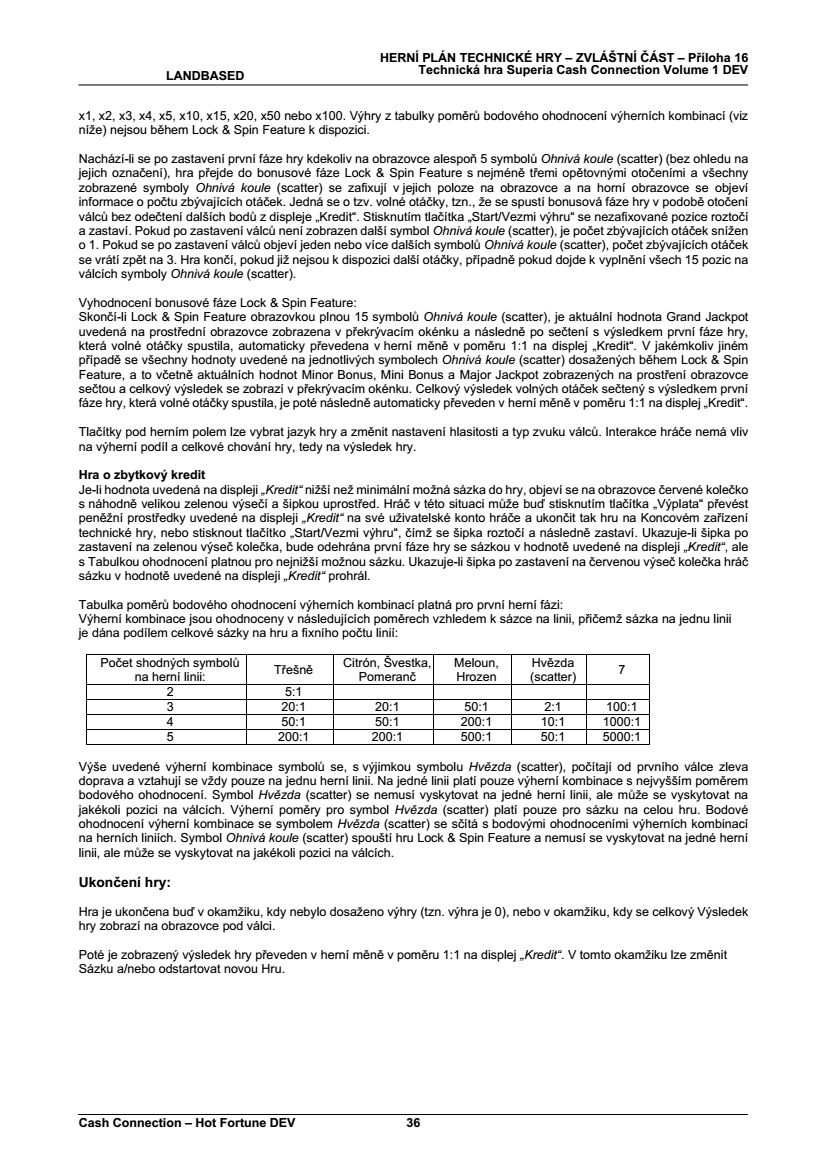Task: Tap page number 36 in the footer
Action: tap(413, 1123)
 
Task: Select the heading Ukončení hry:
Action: tap(125, 883)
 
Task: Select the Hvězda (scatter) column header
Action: tap(546, 670)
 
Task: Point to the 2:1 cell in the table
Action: tap(546, 706)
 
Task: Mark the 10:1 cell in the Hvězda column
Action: tap(546, 721)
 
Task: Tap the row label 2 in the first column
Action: tap(169, 691)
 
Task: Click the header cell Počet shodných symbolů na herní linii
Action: tap(169, 670)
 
